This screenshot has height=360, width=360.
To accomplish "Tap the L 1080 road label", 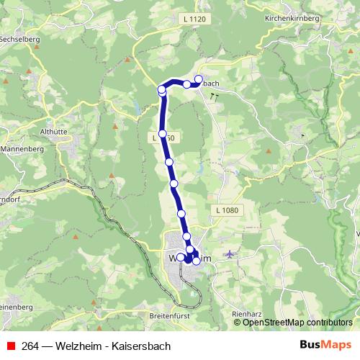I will (226, 210).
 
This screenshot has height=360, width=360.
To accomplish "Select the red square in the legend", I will (11, 345).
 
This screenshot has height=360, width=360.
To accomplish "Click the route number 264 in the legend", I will (30, 345).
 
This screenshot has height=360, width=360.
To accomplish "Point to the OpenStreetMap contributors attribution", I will (297, 323).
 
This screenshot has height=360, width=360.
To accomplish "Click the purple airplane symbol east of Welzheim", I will (229, 253).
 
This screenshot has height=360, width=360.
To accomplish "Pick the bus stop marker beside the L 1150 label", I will (163, 134).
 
